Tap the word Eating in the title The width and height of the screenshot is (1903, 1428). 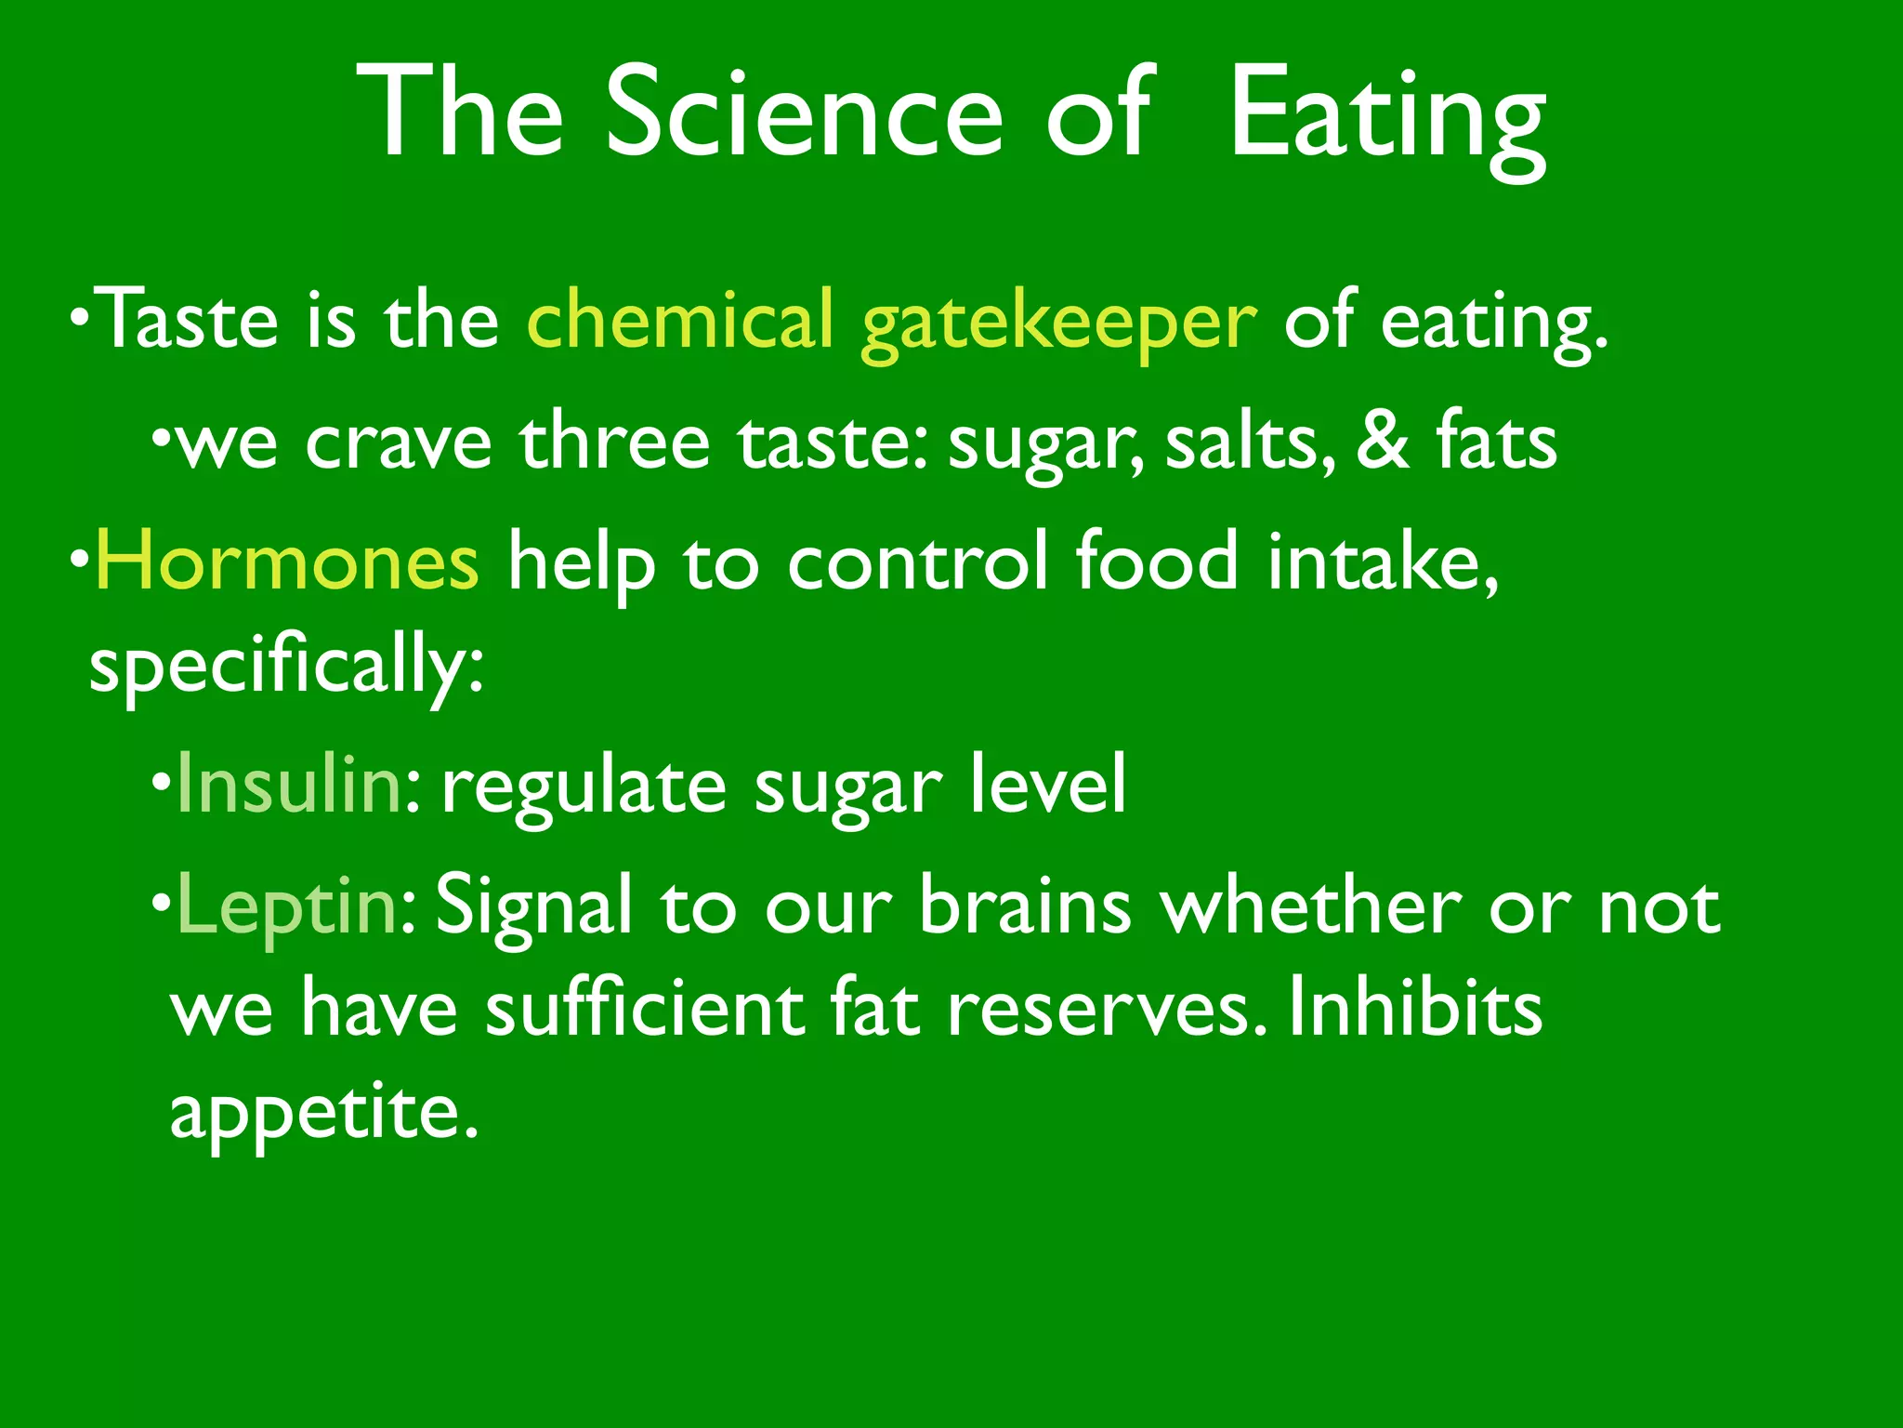pyautogui.click(x=1387, y=116)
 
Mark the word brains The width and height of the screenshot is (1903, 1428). pyautogui.click(x=1025, y=906)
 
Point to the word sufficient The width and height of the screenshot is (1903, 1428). pyautogui.click(x=646, y=1009)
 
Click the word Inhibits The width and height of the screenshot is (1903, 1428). pyautogui.click(x=1415, y=1008)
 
